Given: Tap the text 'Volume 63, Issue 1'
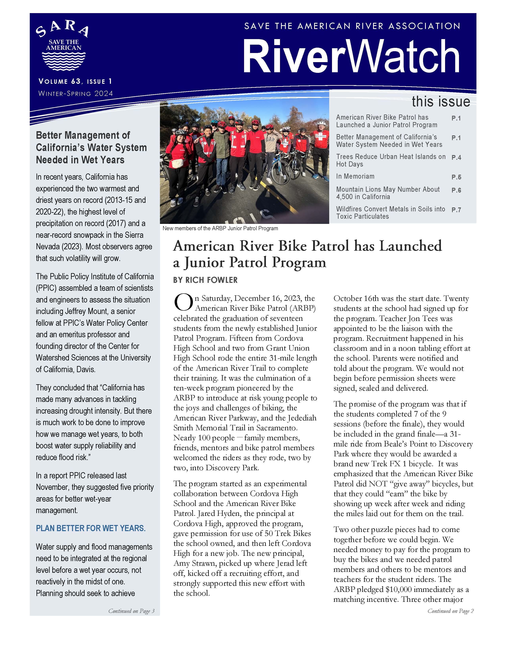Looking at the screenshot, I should pyautogui.click(x=75, y=81).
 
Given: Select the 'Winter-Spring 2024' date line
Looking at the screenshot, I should pyautogui.click(x=76, y=93).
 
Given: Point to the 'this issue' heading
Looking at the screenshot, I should pyautogui.click(x=441, y=101).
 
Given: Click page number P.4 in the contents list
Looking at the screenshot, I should pyautogui.click(x=456, y=157).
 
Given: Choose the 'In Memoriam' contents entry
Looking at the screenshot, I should pyautogui.click(x=355, y=176).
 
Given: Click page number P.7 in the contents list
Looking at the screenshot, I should pyautogui.click(x=456, y=210).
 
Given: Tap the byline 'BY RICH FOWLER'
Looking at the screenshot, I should pyautogui.click(x=205, y=280).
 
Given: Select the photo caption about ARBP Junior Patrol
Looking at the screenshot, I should pyautogui.click(x=220, y=228).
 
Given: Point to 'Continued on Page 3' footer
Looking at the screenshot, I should pyautogui.click(x=131, y=611).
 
